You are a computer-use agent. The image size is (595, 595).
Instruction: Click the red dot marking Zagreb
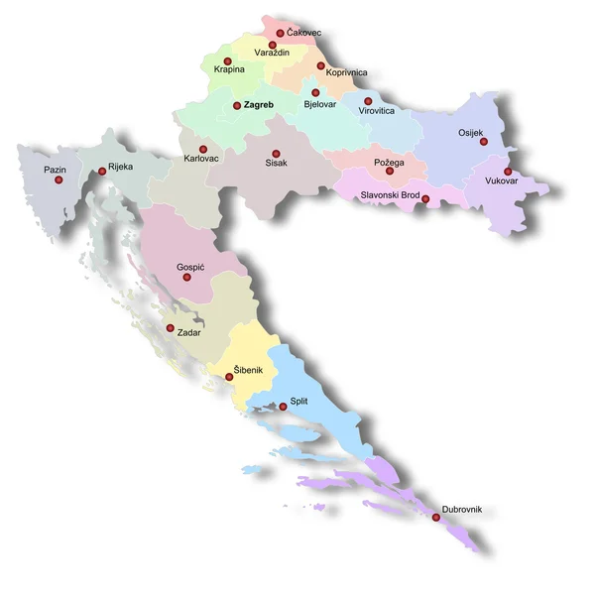[237, 105]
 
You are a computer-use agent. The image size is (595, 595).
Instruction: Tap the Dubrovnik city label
[462, 509]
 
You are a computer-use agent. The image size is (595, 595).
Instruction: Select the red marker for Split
[283, 407]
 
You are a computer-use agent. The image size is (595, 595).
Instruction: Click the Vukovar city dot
[508, 172]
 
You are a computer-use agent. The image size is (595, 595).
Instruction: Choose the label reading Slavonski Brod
[390, 195]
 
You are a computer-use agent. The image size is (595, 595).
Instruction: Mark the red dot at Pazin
[59, 181]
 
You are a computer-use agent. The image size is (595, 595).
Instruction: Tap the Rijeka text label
[120, 167]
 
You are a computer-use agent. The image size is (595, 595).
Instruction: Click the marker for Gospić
[187, 278]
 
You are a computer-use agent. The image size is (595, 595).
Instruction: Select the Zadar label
[188, 332]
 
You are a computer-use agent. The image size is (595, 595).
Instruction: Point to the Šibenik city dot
[229, 377]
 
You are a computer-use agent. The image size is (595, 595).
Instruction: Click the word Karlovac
[202, 159]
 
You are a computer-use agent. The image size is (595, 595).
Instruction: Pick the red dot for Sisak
[276, 153]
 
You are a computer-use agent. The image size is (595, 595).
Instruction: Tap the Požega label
[390, 162]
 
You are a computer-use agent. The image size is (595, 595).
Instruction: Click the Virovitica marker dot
[368, 100]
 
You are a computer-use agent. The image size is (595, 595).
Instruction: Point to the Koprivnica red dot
[320, 65]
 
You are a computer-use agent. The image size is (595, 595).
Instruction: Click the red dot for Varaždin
[273, 45]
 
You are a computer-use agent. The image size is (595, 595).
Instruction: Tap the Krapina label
[229, 69]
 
